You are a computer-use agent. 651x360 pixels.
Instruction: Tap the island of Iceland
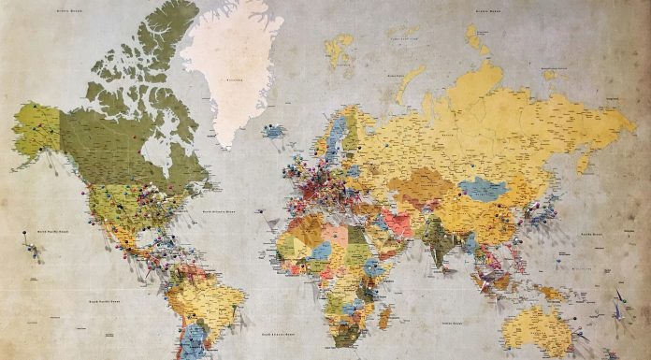pyautogui.click(x=274, y=133)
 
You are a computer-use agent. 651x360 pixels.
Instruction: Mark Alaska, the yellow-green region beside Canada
pyautogui.click(x=37, y=131)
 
